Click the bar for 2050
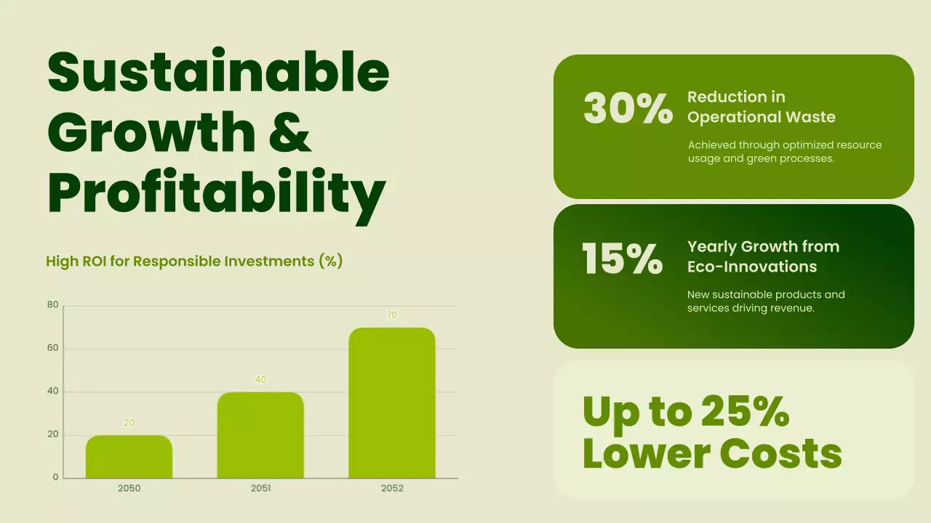(129, 457)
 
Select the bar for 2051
(260, 435)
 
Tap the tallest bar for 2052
(392, 403)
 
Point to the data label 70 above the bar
(392, 315)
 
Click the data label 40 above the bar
(260, 380)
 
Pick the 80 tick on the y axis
(52, 305)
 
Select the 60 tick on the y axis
(52, 349)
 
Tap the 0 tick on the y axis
(55, 478)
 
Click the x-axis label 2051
(260, 489)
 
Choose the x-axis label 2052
(392, 489)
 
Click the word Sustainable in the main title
(218, 71)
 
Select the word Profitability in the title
(216, 192)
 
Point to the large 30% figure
(628, 109)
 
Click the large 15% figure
(623, 259)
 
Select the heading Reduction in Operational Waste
(761, 107)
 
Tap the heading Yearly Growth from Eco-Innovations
(763, 256)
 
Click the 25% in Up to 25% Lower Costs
(745, 412)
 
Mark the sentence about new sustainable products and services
(766, 301)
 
